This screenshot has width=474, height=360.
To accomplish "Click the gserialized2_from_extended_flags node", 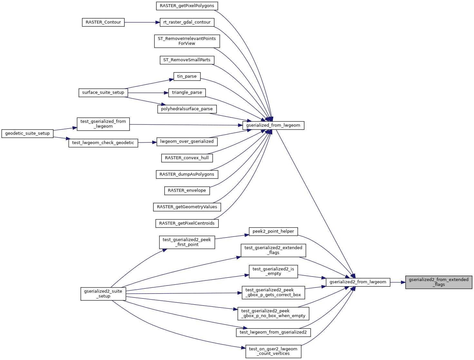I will point(439,282).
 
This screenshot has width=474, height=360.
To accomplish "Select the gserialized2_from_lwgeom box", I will point(358,282).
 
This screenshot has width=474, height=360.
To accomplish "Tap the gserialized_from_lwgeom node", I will point(273,125).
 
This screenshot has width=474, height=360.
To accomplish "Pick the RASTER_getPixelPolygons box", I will point(187,6).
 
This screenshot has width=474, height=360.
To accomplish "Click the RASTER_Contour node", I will point(103,22).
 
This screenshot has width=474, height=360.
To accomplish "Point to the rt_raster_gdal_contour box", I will point(187,22).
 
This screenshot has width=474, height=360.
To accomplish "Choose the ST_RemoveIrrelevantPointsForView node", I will point(187,41).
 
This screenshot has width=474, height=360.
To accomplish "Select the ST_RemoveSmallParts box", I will point(187,60).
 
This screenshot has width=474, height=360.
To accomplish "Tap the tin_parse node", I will point(187,76).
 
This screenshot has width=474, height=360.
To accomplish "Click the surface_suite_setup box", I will point(103,92).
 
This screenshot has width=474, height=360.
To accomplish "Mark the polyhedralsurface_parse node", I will point(187,109).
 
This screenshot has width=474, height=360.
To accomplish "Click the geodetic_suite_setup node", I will point(27,133).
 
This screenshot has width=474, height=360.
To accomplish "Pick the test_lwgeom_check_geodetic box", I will point(103,143).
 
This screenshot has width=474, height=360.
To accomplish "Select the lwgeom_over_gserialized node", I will point(187,141).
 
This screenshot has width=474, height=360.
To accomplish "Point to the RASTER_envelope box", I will point(187,190).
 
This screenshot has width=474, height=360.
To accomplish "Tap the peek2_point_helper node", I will point(273,231).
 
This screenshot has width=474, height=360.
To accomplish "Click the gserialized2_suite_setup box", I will point(103,294).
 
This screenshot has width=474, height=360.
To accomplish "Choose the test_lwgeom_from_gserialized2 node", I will point(273,332).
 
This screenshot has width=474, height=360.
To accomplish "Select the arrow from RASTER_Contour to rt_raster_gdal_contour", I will point(142,22).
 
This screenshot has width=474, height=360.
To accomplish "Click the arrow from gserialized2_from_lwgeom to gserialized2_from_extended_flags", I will point(398,282).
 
